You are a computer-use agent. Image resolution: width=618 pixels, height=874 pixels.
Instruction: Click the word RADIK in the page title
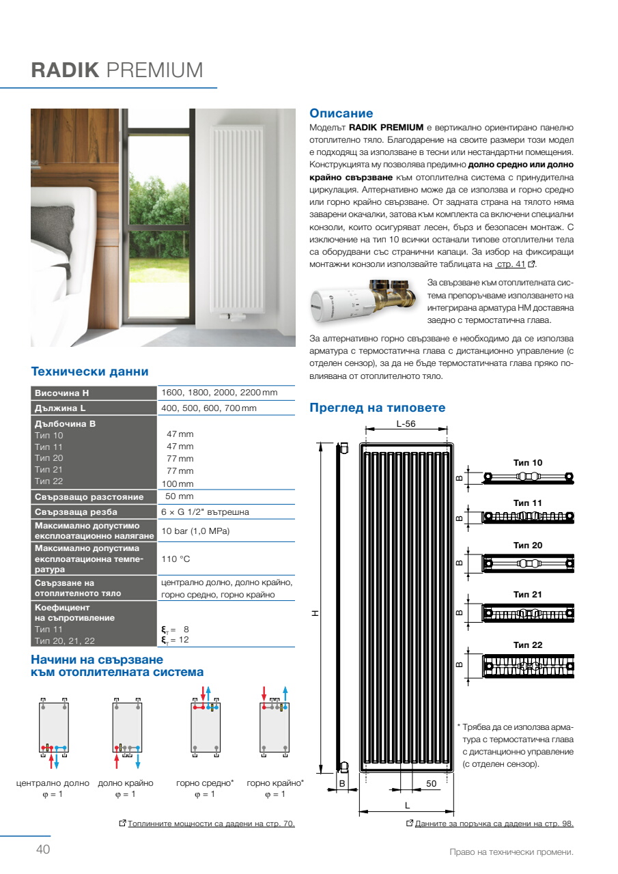click(66, 70)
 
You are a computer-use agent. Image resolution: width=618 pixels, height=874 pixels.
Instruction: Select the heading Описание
click(341, 113)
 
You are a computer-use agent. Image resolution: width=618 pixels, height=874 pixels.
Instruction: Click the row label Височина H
click(62, 393)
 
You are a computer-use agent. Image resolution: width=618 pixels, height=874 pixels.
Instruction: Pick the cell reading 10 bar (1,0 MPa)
click(195, 531)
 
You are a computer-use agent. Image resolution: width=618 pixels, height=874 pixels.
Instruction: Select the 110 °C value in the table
click(175, 559)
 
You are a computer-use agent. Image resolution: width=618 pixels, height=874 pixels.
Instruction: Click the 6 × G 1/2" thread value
click(205, 511)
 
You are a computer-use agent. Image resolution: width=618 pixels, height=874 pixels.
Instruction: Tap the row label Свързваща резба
click(76, 512)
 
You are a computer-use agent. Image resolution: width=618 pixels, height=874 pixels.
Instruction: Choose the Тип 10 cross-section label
click(527, 463)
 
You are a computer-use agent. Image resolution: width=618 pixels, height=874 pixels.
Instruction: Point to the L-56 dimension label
click(406, 423)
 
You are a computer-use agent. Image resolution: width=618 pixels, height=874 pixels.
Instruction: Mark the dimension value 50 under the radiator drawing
click(432, 784)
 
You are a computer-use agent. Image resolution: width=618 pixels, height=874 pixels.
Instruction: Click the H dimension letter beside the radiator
click(315, 613)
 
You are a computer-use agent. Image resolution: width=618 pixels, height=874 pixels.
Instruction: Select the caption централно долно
click(53, 783)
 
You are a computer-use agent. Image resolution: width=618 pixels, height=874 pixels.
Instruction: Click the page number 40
click(43, 849)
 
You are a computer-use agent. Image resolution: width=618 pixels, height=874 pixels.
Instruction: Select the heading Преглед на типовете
click(377, 408)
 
